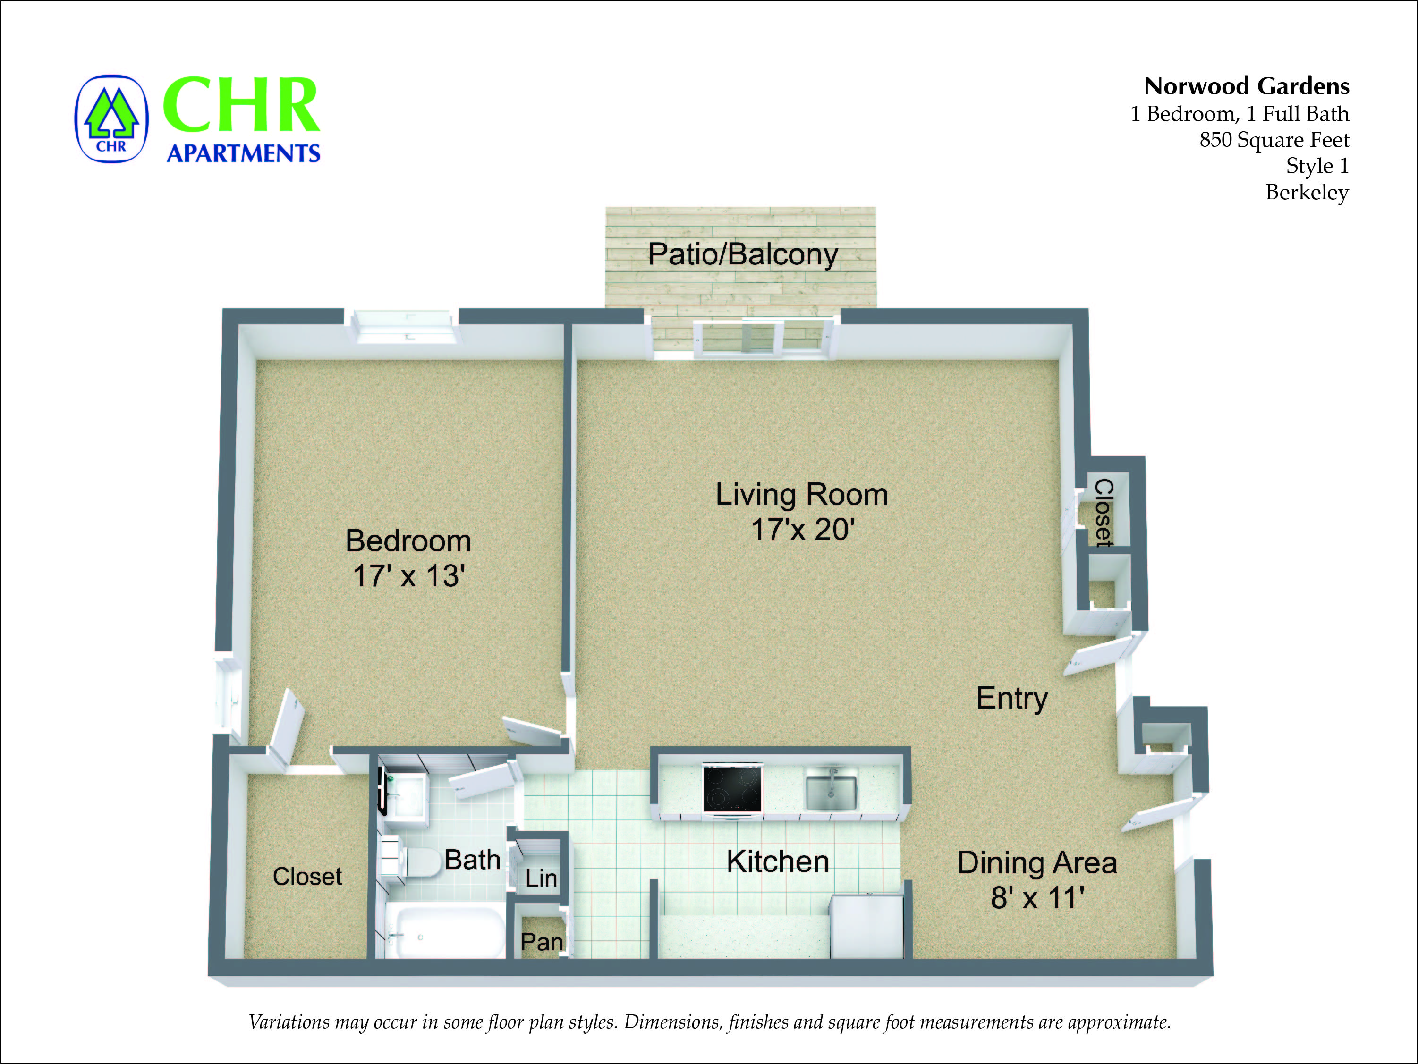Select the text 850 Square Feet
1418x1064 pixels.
click(x=1274, y=140)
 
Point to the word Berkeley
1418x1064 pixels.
click(x=1307, y=192)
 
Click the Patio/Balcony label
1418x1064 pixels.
click(x=742, y=254)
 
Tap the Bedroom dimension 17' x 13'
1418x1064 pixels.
click(x=408, y=575)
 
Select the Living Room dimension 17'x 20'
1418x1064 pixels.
click(x=802, y=530)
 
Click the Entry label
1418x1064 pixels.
click(x=1011, y=698)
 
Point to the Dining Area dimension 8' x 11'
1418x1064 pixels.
click(x=1037, y=897)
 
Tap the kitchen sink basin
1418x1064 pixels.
click(x=830, y=792)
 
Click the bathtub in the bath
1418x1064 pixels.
click(x=442, y=933)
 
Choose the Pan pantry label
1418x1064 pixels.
click(x=542, y=942)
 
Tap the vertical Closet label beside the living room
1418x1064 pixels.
click(x=1103, y=513)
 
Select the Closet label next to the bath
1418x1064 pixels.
click(x=307, y=876)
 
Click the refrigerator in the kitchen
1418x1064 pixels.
click(x=866, y=926)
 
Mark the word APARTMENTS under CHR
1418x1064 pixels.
click(x=243, y=153)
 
